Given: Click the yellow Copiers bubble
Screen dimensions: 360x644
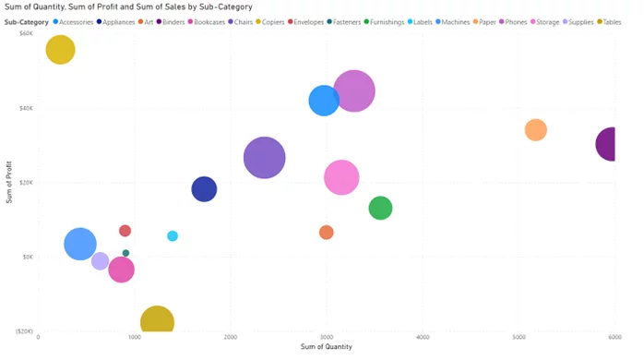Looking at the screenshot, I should (x=60, y=50).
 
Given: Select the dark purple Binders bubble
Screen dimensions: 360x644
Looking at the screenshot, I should (x=608, y=144).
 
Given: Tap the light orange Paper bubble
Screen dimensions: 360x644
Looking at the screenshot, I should (x=535, y=130).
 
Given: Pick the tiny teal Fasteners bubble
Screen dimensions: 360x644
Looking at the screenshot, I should (x=126, y=253).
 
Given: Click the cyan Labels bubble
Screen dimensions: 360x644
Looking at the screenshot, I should (x=173, y=236).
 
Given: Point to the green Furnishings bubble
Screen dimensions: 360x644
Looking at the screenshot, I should (x=380, y=208).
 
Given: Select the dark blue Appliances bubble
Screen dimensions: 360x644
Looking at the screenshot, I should (x=204, y=189).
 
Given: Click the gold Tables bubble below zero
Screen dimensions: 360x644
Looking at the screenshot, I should (x=157, y=320).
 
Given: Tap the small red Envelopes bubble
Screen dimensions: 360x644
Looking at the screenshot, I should (x=125, y=231).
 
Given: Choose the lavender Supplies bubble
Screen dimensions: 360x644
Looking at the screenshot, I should (x=100, y=260).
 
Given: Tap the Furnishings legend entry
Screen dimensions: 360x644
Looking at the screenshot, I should (x=387, y=20).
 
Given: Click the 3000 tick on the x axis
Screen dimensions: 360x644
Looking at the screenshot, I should (x=326, y=338).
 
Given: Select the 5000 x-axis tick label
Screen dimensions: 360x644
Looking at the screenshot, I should (x=518, y=338).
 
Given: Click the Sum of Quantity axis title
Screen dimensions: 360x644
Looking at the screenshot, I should (x=326, y=348).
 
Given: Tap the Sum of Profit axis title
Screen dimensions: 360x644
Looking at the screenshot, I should (x=9, y=183).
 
